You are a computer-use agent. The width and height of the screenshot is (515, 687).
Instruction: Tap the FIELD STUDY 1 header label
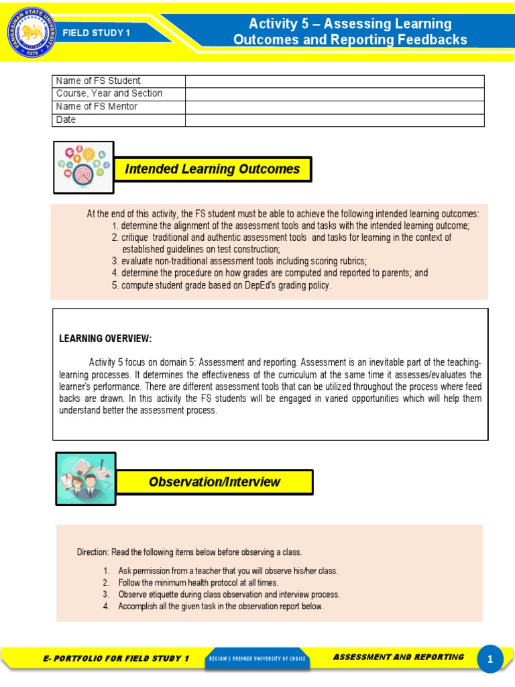97,33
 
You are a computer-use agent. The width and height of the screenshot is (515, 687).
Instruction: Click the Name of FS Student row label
99,81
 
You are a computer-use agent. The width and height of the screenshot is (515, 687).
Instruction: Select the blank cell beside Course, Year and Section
335,94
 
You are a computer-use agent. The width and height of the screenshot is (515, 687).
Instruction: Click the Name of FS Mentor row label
97,107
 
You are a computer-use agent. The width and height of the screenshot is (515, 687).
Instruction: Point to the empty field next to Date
335,120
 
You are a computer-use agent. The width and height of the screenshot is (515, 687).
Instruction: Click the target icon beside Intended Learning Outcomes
84,168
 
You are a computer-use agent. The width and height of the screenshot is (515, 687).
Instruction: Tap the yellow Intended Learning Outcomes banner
213,169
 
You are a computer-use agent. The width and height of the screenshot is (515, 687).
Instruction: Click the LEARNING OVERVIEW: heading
105,338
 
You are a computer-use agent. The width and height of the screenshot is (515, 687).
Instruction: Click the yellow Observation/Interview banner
215,482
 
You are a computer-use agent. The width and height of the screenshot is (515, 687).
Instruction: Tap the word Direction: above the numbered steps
93,552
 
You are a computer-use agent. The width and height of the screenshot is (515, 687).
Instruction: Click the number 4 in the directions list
106,606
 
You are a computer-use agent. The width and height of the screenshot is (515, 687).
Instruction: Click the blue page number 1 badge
490,659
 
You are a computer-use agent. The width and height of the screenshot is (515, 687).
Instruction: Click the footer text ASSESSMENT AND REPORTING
398,657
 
